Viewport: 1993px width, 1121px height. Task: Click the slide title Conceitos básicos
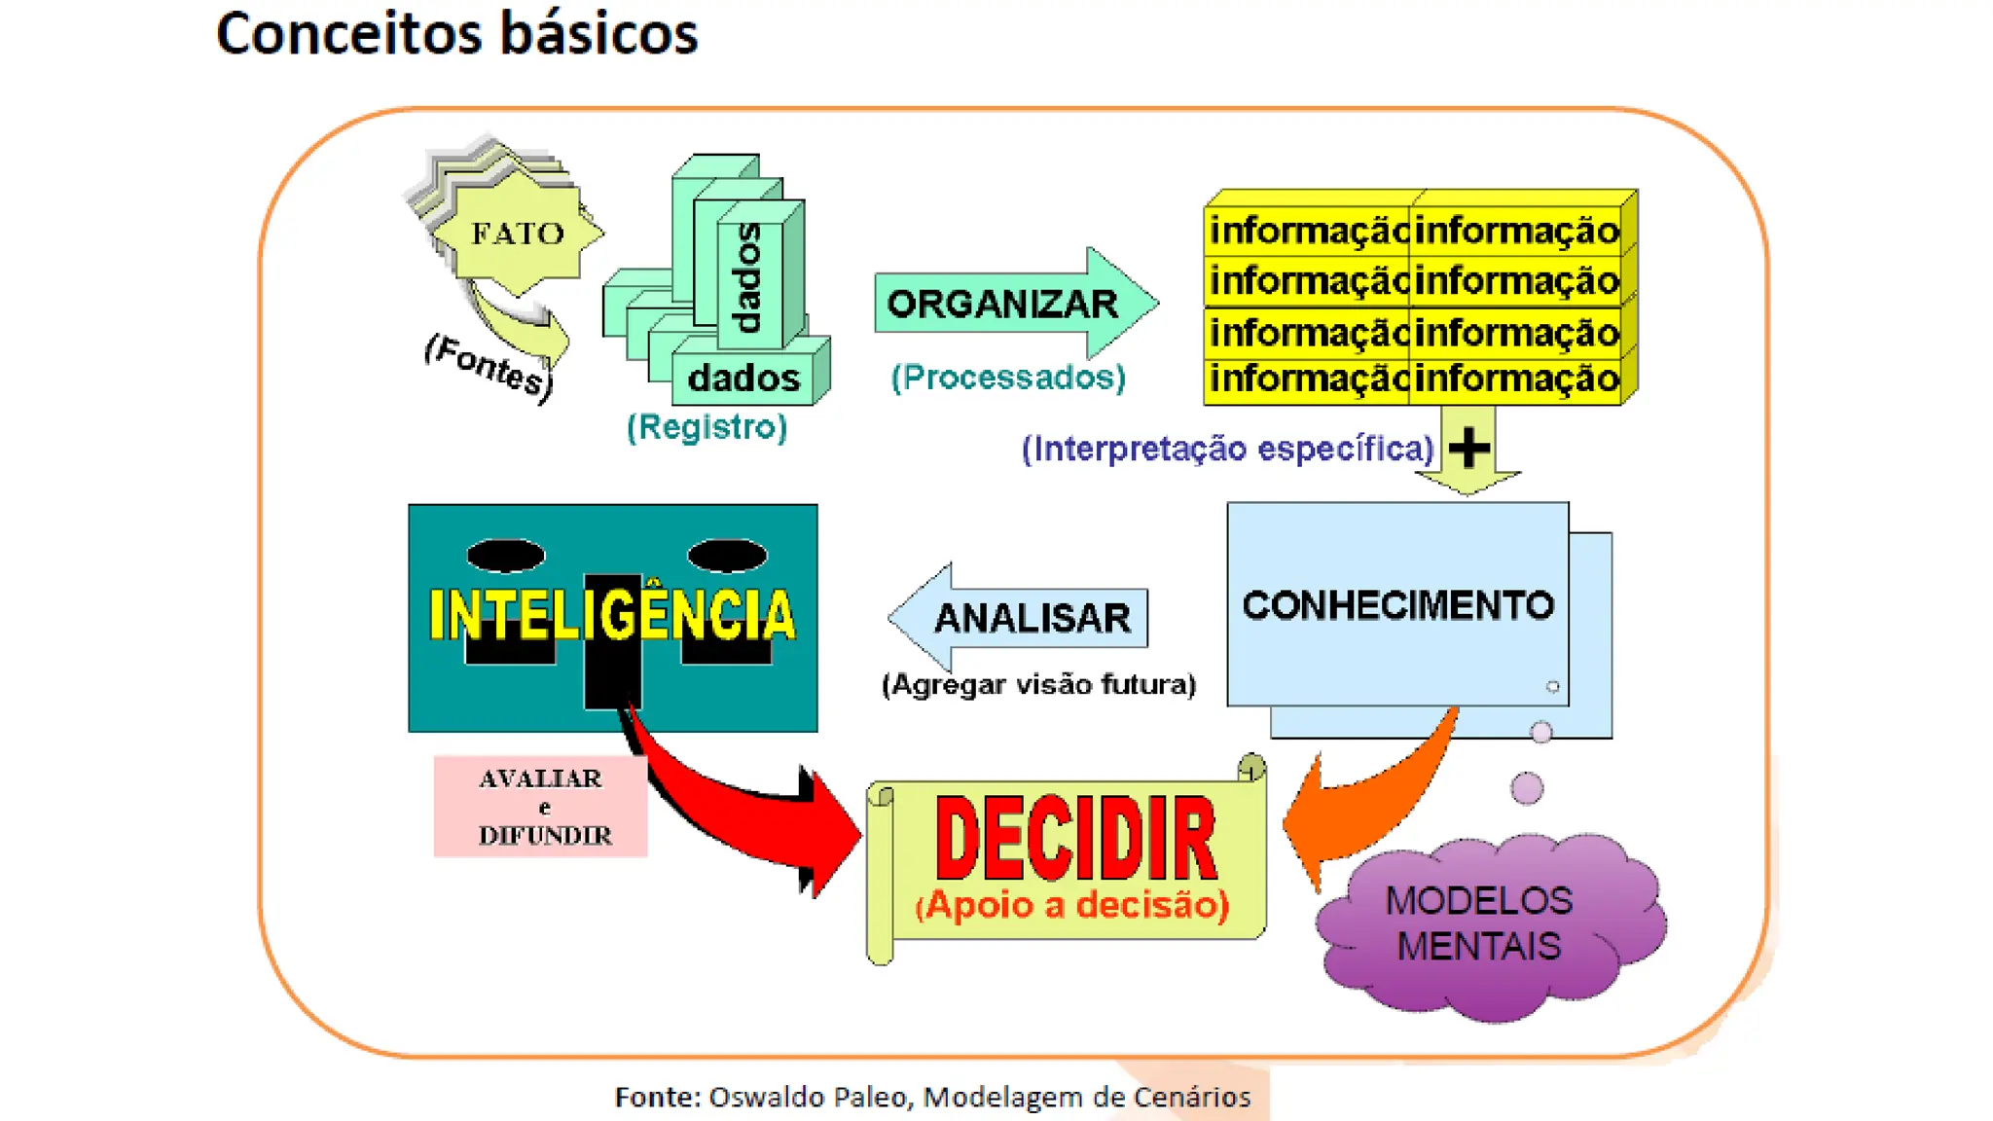456,34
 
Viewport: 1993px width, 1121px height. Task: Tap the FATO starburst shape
518,234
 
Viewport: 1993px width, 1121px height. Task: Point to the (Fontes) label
489,366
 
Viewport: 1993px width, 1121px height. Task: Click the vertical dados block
749,276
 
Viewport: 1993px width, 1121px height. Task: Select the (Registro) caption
707,427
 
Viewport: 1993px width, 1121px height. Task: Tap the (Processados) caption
1008,378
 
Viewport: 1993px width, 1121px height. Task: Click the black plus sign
1468,449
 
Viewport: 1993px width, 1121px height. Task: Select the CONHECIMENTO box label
1397,605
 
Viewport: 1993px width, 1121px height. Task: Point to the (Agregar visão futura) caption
1038,685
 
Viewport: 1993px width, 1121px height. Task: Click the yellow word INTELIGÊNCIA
612,615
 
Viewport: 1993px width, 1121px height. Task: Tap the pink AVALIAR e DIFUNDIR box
541,807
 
